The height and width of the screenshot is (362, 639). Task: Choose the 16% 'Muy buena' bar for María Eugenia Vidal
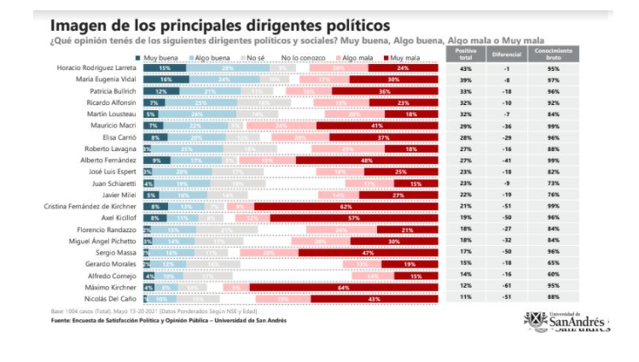click(164, 79)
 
